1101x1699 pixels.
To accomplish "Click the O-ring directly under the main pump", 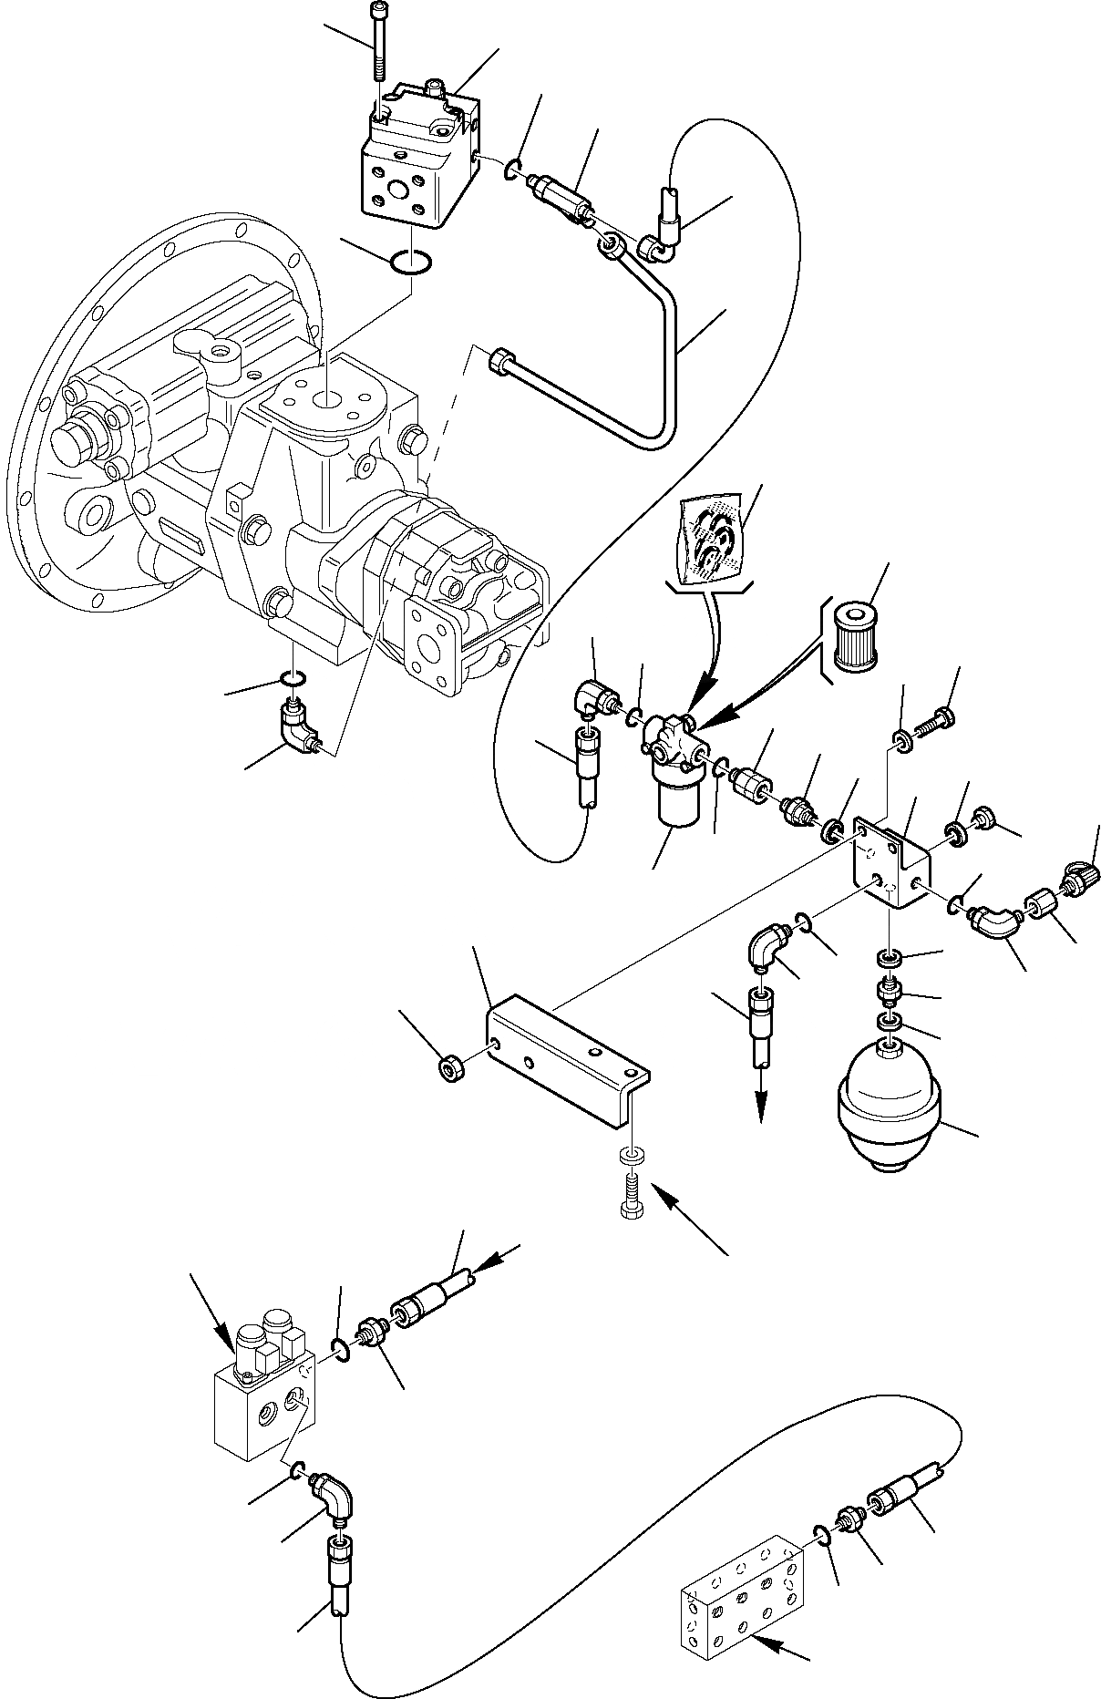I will coord(292,678).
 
